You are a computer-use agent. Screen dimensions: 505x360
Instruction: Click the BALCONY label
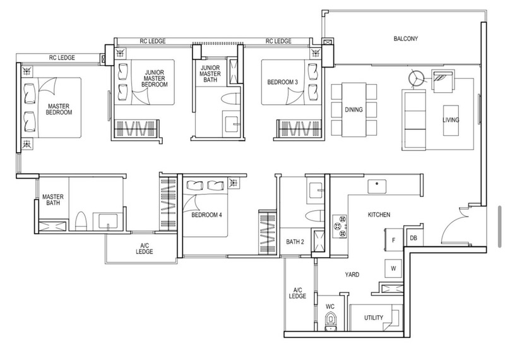click(405, 39)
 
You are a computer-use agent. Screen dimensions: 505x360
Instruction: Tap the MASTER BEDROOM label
click(59, 109)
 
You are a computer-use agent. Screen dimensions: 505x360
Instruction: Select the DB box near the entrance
click(413, 238)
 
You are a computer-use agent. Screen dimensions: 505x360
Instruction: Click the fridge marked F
click(393, 240)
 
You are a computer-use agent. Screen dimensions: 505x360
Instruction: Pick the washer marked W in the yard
click(393, 268)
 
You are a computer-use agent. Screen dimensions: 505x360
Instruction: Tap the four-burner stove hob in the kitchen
click(340, 226)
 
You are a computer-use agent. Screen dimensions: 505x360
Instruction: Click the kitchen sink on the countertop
click(377, 186)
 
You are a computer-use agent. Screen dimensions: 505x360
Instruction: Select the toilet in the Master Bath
click(81, 221)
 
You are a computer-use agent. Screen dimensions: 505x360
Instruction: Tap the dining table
click(354, 110)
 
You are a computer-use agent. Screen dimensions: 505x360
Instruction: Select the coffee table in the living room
click(451, 120)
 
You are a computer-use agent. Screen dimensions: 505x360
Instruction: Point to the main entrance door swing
click(453, 225)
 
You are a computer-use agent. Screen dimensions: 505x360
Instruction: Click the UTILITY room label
click(374, 318)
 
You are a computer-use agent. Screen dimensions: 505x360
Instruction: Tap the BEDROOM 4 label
click(206, 215)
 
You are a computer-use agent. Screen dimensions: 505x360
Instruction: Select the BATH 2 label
click(295, 242)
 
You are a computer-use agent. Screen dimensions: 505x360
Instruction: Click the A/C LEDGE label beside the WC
click(297, 293)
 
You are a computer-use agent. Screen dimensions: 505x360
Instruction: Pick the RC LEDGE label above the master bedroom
click(62, 57)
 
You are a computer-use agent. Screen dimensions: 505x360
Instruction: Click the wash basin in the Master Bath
click(108, 222)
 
